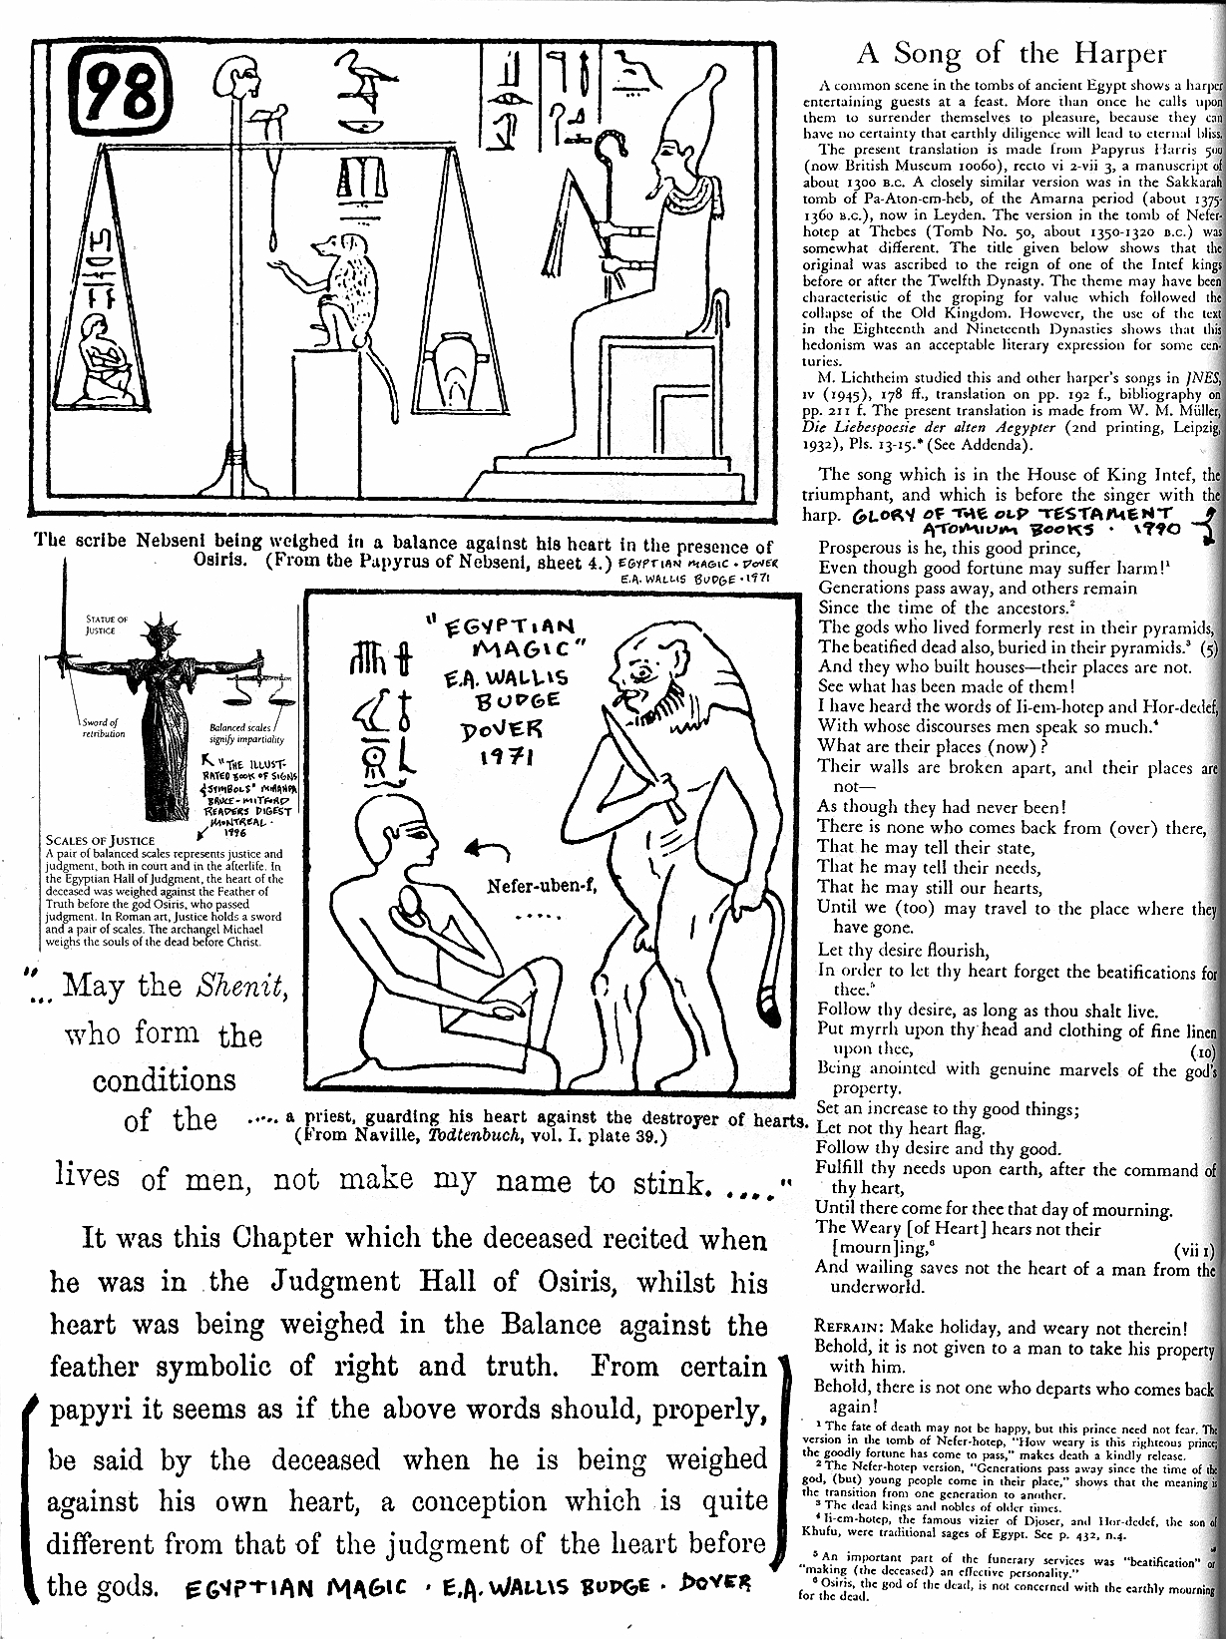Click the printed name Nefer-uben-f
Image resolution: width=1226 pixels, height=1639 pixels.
pyautogui.click(x=543, y=886)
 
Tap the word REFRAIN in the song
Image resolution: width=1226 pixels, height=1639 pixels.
pyautogui.click(x=850, y=1328)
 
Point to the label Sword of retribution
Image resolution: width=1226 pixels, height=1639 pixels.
pyautogui.click(x=104, y=728)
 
